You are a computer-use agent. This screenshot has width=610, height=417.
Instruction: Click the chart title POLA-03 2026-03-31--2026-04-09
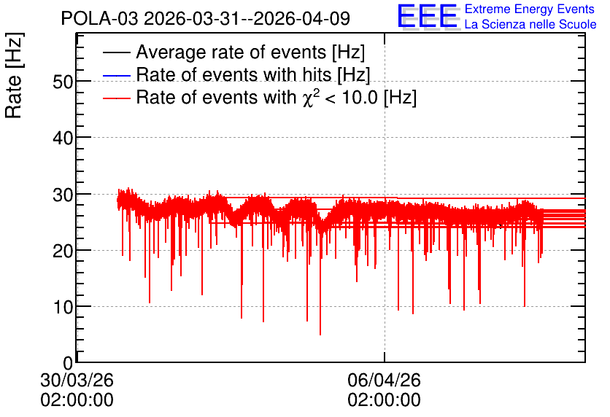point(206,19)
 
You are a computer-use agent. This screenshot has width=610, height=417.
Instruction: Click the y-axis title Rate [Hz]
point(14,75)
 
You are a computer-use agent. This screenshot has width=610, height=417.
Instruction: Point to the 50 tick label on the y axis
point(63,82)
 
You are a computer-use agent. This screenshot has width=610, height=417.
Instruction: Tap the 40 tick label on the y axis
point(63,138)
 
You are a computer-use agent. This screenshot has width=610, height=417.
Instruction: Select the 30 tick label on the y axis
point(63,195)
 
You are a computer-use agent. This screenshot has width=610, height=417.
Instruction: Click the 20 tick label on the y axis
point(63,251)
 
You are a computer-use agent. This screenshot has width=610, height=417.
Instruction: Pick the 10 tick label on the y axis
point(63,308)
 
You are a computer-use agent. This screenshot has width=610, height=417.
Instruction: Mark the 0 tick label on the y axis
point(68,363)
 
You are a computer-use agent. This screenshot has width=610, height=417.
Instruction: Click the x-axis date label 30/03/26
point(77,380)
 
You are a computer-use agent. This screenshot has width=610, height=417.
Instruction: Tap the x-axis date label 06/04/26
point(384,380)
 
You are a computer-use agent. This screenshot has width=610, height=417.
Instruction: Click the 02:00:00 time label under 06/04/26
point(384,400)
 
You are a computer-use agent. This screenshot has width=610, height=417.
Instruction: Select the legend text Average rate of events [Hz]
point(250,52)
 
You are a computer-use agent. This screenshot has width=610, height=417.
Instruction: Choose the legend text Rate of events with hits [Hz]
point(253,74)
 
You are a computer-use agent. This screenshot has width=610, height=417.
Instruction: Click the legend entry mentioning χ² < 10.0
point(277,97)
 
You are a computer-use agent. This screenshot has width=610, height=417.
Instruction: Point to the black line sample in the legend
point(116,52)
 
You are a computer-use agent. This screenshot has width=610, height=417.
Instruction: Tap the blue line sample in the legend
point(116,75)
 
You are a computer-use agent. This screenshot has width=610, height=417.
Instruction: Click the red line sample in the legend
point(116,98)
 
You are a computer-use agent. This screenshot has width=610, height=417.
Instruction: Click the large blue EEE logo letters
point(427,16)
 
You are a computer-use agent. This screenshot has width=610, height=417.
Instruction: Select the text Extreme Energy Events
point(530,9)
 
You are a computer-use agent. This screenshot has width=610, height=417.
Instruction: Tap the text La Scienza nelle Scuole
point(530,25)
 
